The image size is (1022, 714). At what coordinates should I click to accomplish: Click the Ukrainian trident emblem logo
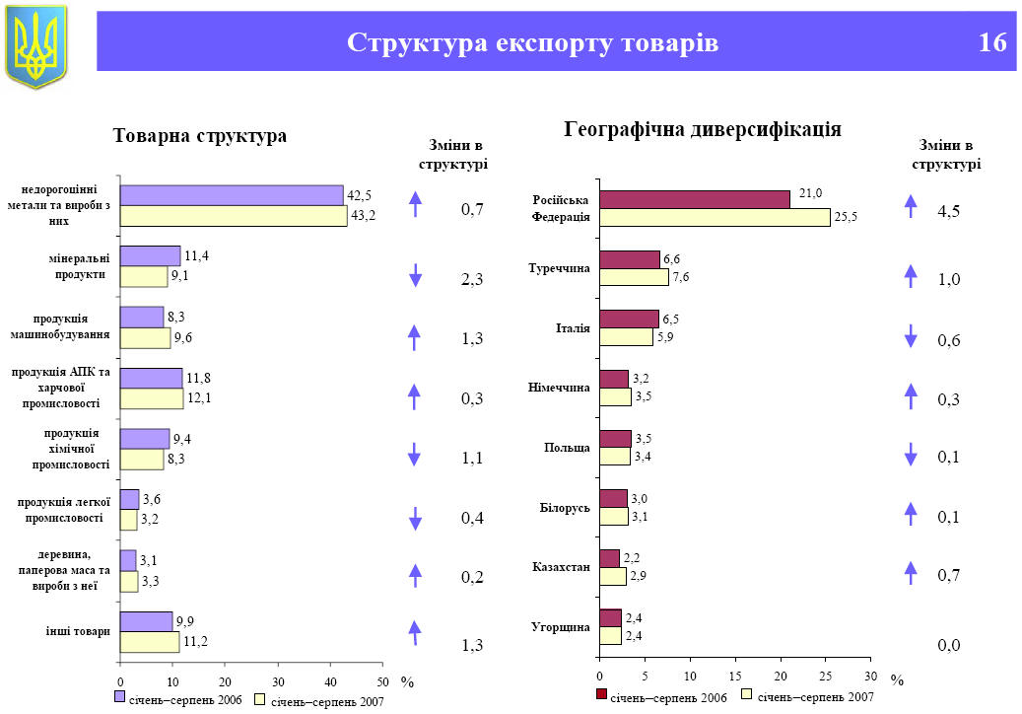coord(35,45)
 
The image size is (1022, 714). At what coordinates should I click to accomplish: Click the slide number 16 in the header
coord(992,42)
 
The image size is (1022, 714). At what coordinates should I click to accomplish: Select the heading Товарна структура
coord(200,136)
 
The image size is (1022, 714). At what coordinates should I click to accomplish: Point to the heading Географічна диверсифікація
coord(703,129)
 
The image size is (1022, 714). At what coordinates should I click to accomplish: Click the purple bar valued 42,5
coord(232,195)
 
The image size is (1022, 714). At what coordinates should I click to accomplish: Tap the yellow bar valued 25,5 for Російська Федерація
coord(715,218)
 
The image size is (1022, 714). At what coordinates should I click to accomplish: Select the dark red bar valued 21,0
coord(695,199)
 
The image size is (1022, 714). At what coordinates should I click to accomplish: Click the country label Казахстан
coord(561,567)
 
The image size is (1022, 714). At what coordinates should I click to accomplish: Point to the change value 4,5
coord(949,211)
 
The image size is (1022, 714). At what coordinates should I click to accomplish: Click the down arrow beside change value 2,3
coord(416,276)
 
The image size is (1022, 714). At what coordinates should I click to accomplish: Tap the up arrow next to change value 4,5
coord(911,206)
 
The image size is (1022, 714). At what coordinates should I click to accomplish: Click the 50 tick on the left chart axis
coord(382,681)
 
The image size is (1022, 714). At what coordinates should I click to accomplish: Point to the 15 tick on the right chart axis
coord(734,676)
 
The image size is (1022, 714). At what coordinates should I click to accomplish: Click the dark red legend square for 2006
coord(601,695)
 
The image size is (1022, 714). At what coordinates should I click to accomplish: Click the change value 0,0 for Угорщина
coord(949,645)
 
